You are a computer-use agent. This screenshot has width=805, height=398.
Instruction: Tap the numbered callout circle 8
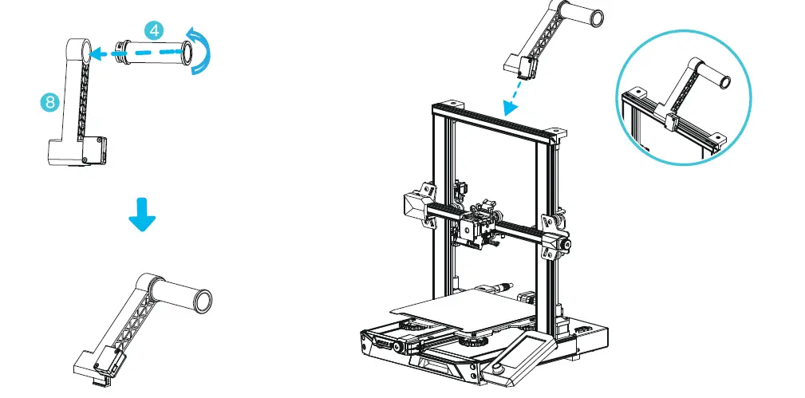tap(49, 101)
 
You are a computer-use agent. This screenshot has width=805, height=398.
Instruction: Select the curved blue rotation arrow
tap(205, 50)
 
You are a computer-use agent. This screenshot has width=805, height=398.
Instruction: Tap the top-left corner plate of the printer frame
tap(448, 104)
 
